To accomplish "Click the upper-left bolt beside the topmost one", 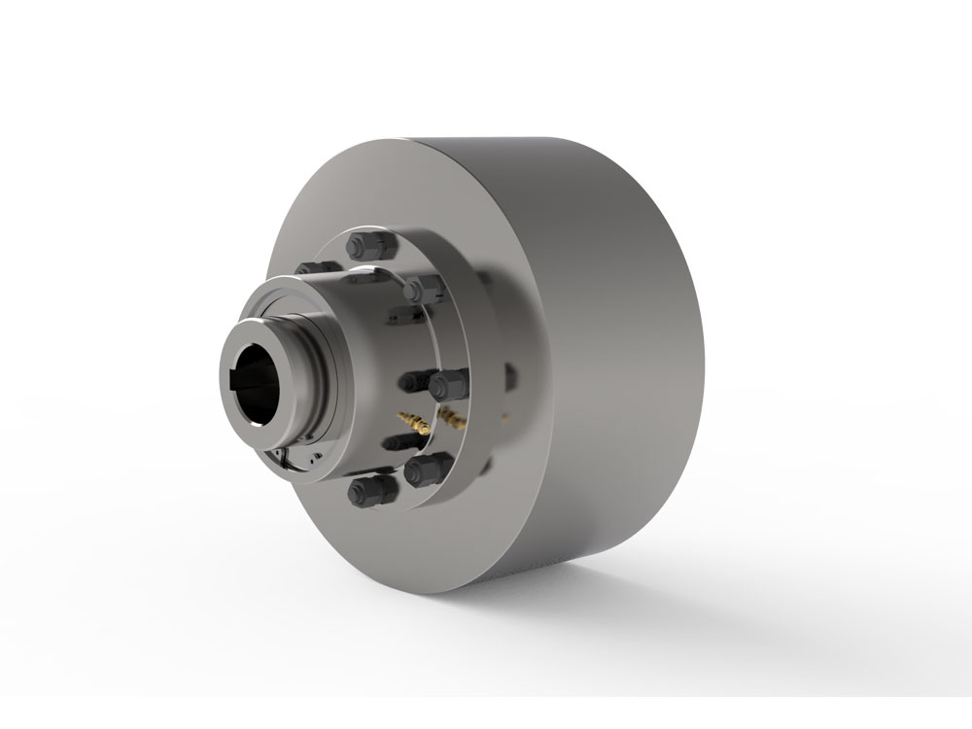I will point(312,269).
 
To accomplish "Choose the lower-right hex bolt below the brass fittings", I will point(425,471).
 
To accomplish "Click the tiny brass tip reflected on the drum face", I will point(504,418).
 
